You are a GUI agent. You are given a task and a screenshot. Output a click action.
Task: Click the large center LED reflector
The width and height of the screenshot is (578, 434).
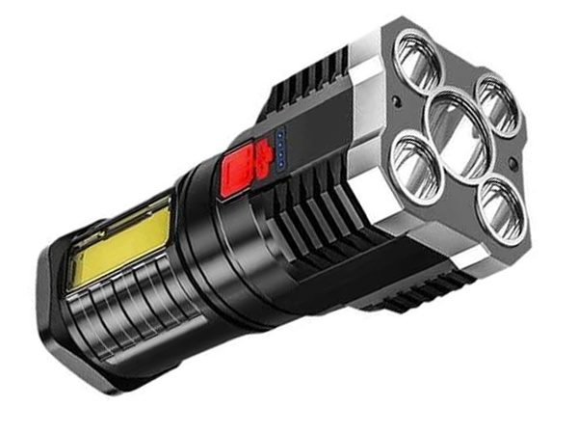(x=457, y=128)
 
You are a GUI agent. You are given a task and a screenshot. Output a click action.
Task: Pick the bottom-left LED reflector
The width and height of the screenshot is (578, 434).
(x=417, y=173)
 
